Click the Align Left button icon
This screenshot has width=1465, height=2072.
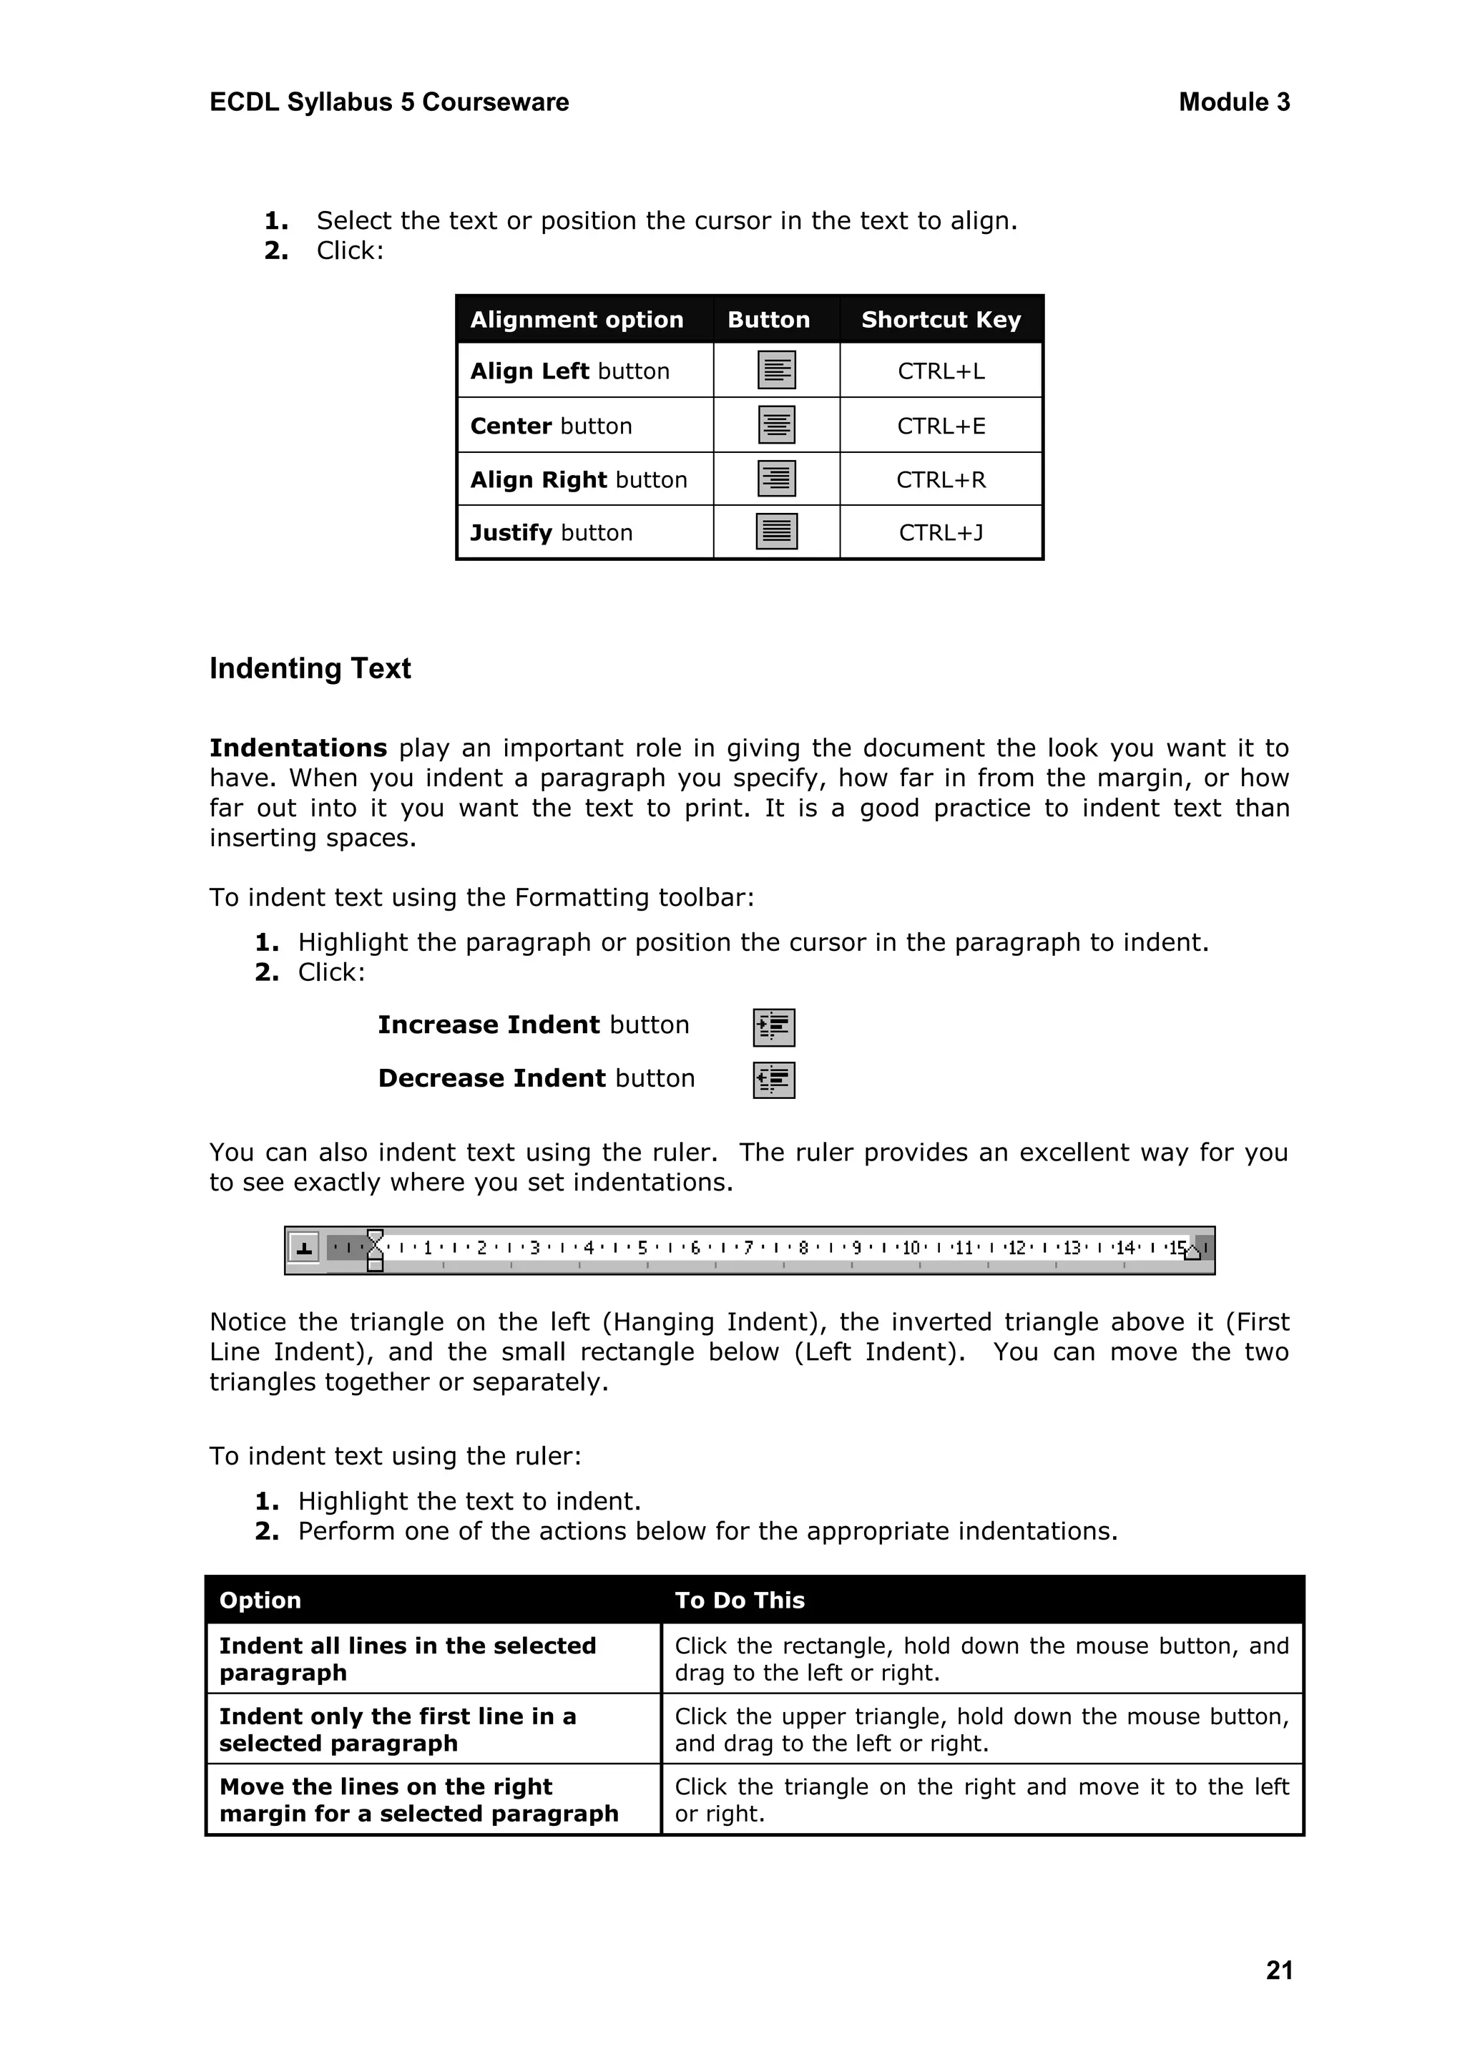coord(776,370)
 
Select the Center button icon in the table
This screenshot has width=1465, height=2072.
coord(776,424)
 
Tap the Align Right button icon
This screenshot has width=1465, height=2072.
coord(776,479)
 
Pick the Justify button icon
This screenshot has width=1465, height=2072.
coord(776,532)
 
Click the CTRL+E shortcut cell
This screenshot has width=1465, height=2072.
coord(941,426)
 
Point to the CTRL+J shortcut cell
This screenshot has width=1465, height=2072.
coord(941,532)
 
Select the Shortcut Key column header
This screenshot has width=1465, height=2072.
coord(941,320)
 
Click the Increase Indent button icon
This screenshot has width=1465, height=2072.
coord(773,1027)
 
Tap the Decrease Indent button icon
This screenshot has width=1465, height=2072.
coord(773,1080)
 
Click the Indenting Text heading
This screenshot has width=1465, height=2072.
coord(310,669)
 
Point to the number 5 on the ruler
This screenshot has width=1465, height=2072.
coord(642,1248)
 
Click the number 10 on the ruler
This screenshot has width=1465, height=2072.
coord(911,1248)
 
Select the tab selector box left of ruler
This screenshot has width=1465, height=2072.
coord(305,1249)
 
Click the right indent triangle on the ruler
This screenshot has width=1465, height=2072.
coord(1192,1251)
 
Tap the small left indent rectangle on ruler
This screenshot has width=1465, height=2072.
coord(376,1265)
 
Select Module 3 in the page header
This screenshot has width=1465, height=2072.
coord(1233,103)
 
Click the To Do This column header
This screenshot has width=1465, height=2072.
coord(740,1600)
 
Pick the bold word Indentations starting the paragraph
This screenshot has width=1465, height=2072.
coord(298,748)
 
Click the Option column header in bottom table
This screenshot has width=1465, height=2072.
coord(260,1600)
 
